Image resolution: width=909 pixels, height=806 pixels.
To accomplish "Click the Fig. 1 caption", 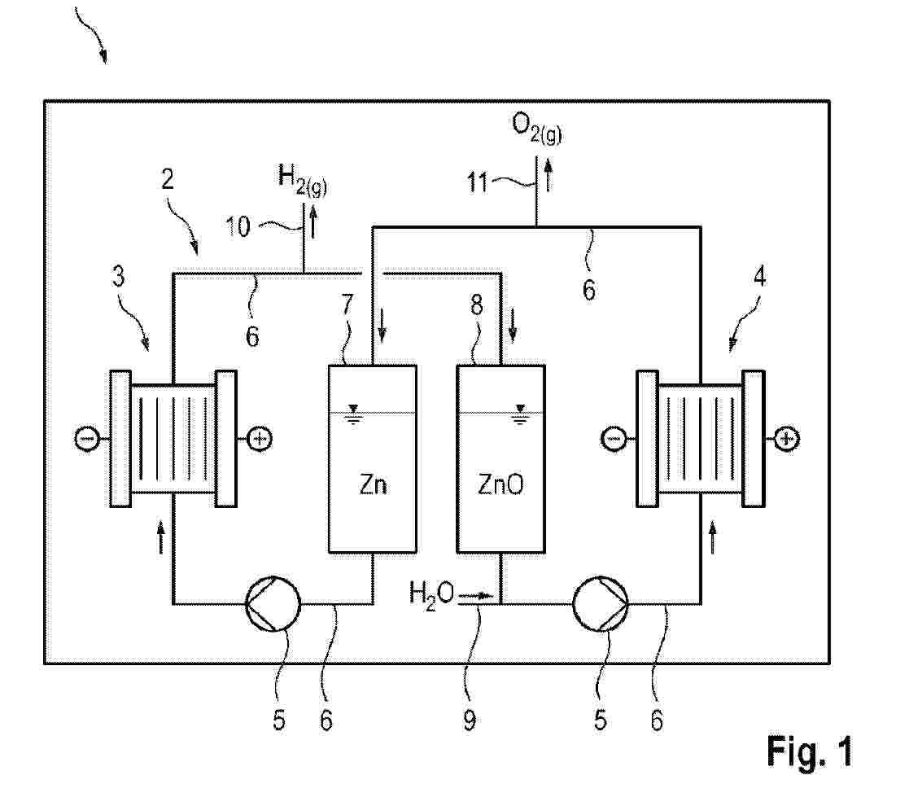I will [x=809, y=751].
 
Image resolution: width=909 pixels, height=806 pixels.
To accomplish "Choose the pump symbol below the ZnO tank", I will [x=601, y=604].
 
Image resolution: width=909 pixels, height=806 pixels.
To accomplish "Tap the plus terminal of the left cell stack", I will [x=260, y=439].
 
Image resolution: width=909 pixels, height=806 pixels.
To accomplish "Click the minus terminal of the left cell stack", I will [x=87, y=439].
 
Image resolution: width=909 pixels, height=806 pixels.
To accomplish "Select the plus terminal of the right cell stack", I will [x=786, y=439].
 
